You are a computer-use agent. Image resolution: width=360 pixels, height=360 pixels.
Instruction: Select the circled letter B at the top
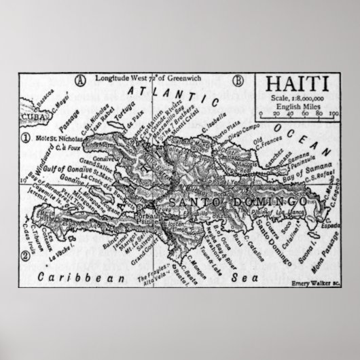coord(238,80)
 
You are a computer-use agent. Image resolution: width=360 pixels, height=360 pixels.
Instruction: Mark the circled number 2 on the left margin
coord(24,256)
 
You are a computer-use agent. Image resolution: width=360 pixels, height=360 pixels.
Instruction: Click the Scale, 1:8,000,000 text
coord(297,101)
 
